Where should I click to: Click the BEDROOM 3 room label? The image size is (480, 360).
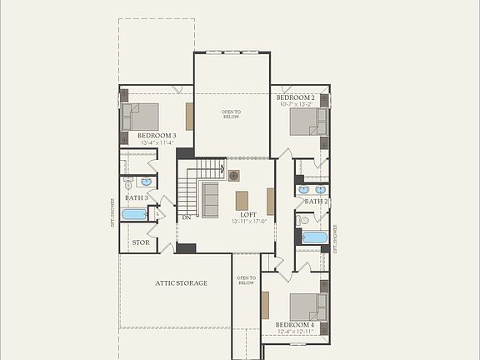[x=157, y=135]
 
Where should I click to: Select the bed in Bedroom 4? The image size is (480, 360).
[x=307, y=307]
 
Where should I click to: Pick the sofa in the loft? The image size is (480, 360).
[x=210, y=199]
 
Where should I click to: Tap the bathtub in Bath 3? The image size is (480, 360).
[x=134, y=214]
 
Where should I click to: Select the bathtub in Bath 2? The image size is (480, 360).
[x=314, y=237]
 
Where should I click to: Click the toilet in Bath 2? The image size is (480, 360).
[x=304, y=220]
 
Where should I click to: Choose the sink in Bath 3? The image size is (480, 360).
[x=147, y=181]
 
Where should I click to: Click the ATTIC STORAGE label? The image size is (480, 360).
[x=181, y=283]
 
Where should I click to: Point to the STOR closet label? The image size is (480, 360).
[x=141, y=243]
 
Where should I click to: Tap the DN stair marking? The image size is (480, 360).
[x=187, y=217]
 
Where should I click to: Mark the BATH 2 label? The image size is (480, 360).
[x=316, y=202]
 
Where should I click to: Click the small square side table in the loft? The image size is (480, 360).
[x=234, y=175]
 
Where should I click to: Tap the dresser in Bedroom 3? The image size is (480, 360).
[x=190, y=117]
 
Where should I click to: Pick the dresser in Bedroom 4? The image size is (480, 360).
[x=265, y=305]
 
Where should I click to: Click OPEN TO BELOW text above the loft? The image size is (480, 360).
[x=231, y=114]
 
